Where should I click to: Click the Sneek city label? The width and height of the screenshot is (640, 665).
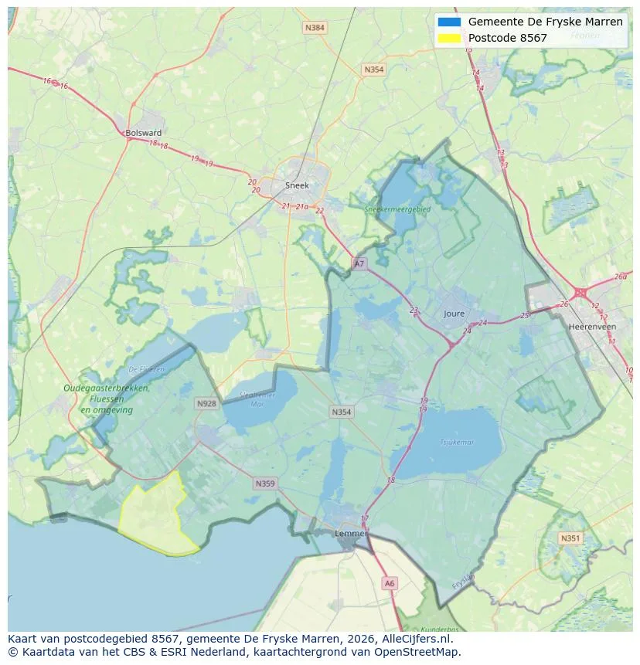[x=297, y=185]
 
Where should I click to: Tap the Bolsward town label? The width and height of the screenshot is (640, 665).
[x=143, y=133]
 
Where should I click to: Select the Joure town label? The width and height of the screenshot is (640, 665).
[x=454, y=314]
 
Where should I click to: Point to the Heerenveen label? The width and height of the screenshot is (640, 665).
[x=591, y=327]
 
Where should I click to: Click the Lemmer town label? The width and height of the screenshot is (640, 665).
[x=350, y=534]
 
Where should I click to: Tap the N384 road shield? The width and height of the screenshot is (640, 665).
[x=315, y=28]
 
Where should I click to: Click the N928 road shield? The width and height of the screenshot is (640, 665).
[x=206, y=404]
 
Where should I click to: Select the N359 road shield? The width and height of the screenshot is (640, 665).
[x=264, y=484]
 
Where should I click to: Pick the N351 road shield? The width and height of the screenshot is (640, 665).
[x=570, y=538]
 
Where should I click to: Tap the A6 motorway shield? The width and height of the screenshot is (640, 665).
[x=390, y=584]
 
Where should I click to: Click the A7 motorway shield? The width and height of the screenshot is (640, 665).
[x=359, y=264]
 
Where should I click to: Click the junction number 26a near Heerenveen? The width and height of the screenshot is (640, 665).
[x=621, y=277]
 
